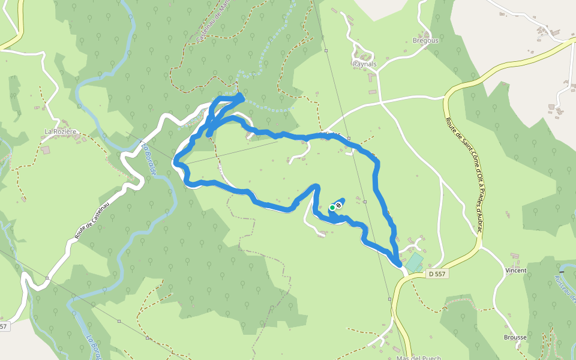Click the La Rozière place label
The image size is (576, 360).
pos(61,131)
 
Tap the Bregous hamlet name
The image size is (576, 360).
pos(425,41)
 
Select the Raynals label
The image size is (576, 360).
pos(365,64)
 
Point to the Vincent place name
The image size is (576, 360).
pos(515,271)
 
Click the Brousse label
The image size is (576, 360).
pos(515,337)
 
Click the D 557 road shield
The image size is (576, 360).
pos(437,274)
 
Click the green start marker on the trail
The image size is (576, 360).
pos(332,208)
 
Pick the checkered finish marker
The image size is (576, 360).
pos(339,206)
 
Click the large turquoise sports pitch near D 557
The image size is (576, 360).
pos(414,262)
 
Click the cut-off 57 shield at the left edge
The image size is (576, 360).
pos(4,326)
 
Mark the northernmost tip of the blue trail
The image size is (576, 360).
pos(241,95)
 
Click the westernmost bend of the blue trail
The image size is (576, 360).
pos(175,161)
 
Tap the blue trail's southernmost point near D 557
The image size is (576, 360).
pos(398,265)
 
